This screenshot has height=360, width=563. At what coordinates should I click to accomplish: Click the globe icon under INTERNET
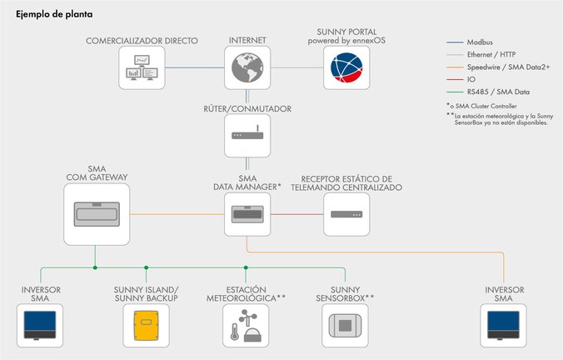[x=247, y=68]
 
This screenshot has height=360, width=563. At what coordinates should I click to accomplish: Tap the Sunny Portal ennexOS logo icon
[x=346, y=68]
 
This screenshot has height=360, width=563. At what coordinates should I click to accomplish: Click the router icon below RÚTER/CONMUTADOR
[x=247, y=135]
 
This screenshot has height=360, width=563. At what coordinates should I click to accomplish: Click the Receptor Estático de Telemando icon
[x=346, y=215]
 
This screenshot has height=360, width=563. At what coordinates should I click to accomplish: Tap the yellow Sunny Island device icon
[x=146, y=325]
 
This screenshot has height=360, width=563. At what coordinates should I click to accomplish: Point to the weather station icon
[x=247, y=325]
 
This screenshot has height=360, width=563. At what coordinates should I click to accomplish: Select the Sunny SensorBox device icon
[x=346, y=325]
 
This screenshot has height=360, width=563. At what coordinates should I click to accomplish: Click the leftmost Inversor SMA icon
[x=41, y=325]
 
